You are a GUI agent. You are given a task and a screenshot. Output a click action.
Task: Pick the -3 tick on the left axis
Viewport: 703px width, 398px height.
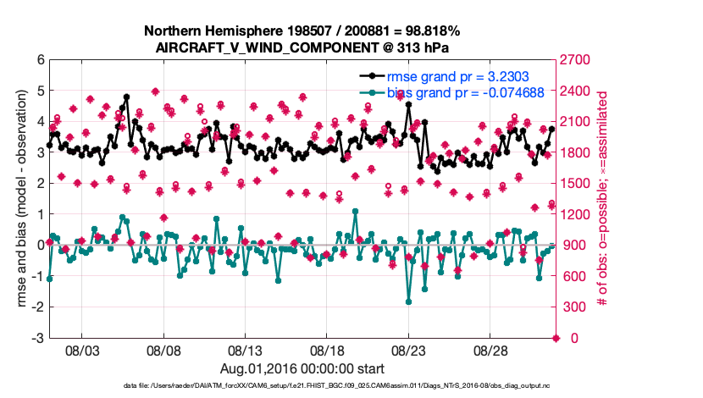pos(37,338)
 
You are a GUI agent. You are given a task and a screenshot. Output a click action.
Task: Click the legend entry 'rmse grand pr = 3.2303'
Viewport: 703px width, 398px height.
pos(458,76)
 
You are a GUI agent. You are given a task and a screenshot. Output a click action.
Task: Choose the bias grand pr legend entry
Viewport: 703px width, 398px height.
pos(465,92)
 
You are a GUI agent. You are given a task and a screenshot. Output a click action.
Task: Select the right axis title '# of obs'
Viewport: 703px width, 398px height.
pos(603,199)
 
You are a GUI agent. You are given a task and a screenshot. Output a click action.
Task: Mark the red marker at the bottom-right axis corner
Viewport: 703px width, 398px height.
pos(556,338)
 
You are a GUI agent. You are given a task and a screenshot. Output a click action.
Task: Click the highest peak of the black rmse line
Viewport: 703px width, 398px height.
pos(126,97)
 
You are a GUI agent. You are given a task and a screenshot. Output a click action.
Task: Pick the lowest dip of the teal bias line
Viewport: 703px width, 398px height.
pos(408,301)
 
